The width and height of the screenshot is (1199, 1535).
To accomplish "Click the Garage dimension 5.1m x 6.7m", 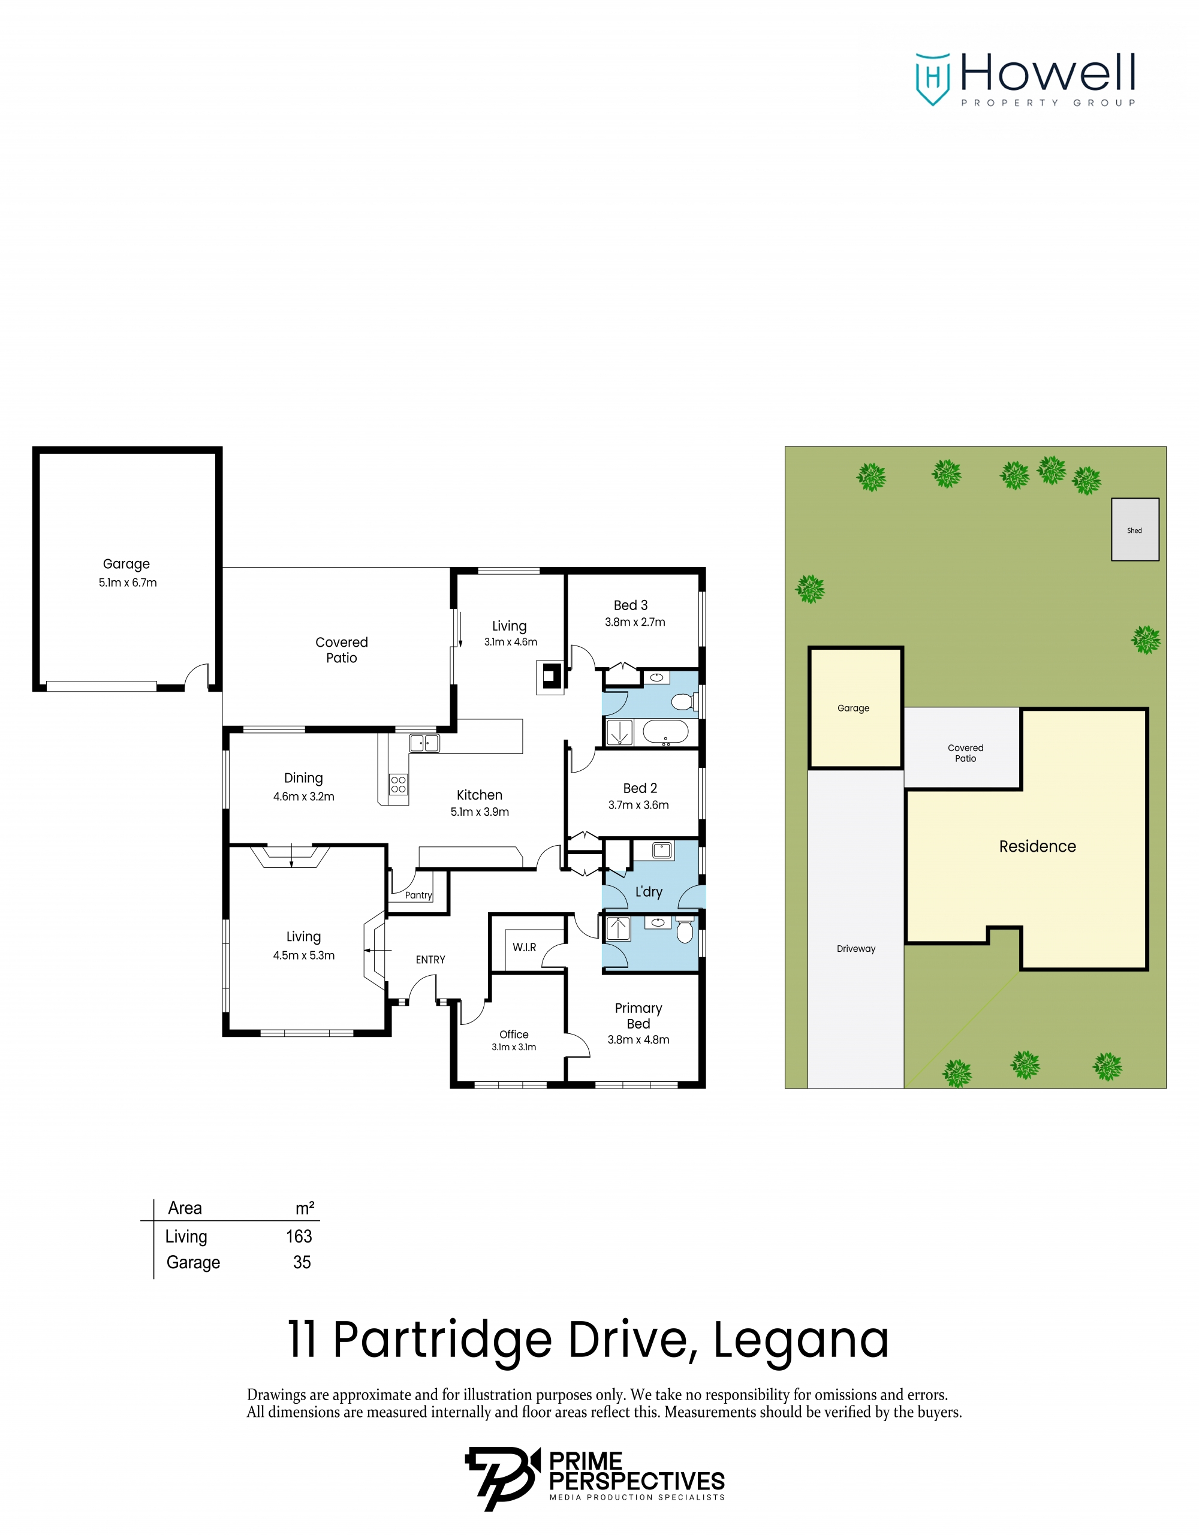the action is tap(128, 583).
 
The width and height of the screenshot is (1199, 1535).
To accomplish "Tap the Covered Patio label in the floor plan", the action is tap(342, 650).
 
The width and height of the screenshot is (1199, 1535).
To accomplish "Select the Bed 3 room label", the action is tap(631, 605).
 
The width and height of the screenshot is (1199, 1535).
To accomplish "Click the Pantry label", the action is tap(418, 895).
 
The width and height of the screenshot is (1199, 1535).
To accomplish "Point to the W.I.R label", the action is tap(525, 948).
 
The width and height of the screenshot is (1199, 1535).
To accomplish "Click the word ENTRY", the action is tap(430, 960).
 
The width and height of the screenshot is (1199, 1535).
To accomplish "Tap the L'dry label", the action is tap(649, 892).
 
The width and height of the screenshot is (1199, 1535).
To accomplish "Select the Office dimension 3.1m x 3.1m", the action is tap(514, 1047).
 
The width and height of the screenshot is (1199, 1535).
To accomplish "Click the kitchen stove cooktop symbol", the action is tap(399, 785).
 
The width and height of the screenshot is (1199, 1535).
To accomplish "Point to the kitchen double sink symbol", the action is tap(424, 743).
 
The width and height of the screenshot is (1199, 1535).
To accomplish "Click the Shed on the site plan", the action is tap(1134, 530).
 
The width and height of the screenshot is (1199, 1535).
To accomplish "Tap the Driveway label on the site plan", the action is tap(856, 949).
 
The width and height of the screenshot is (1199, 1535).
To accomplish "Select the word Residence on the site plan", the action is tap(1037, 846).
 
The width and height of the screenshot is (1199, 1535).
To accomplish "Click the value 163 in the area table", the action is tap(299, 1237).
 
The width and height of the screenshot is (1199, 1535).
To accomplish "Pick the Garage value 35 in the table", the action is tap(302, 1262).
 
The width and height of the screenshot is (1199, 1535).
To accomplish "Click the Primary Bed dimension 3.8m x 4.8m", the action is tap(638, 1039).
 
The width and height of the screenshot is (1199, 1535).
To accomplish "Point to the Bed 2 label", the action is tap(640, 789).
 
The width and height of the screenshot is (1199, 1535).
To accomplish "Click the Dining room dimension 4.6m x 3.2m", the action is tap(303, 797).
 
